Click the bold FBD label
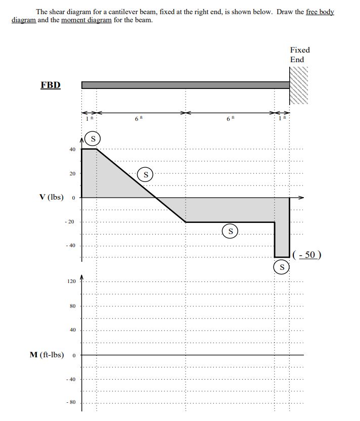click(51, 85)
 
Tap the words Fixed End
click(300, 55)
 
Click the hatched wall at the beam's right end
click(298, 85)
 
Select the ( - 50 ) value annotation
click(307, 255)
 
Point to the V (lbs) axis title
click(52, 197)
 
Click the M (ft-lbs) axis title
click(47, 355)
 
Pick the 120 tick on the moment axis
click(71, 281)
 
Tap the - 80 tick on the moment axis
click(71, 402)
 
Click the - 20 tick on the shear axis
click(69, 221)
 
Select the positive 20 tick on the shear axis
click(72, 173)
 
